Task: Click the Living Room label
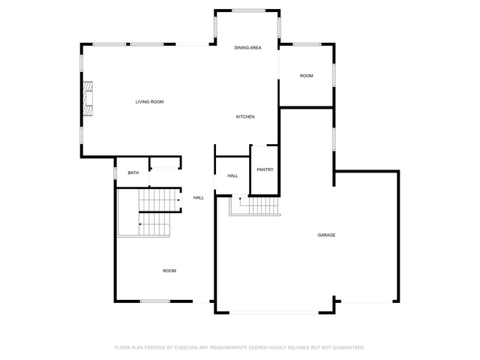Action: pyautogui.click(x=149, y=102)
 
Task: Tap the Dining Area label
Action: pyautogui.click(x=247, y=48)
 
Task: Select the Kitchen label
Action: pyautogui.click(x=245, y=117)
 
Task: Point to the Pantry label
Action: pyautogui.click(x=265, y=169)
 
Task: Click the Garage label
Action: pyautogui.click(x=326, y=235)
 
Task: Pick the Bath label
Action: pyautogui.click(x=133, y=173)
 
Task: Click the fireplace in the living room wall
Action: pyautogui.click(x=88, y=98)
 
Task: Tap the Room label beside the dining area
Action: pyautogui.click(x=307, y=76)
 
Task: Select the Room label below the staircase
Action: pyautogui.click(x=169, y=271)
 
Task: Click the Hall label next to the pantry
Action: pyautogui.click(x=232, y=176)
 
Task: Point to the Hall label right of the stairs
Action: pyautogui.click(x=199, y=198)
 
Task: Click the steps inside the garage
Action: pyautogui.click(x=255, y=206)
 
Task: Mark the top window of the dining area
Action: pyautogui.click(x=248, y=10)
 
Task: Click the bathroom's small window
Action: pyautogui.click(x=115, y=173)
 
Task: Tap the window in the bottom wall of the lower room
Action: pyautogui.click(x=155, y=301)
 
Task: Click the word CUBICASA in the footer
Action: pyautogui.click(x=186, y=348)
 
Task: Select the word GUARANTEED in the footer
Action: pyautogui.click(x=349, y=348)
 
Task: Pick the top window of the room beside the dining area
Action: pyautogui.click(x=307, y=45)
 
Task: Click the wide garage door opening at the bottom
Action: pyautogui.click(x=274, y=313)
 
